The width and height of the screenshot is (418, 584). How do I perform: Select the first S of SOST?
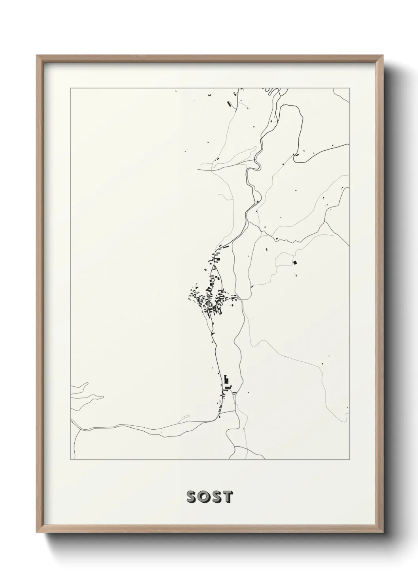tap(191, 497)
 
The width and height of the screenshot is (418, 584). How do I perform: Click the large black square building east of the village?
tap(294, 262)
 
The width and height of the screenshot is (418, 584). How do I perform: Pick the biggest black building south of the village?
tap(226, 380)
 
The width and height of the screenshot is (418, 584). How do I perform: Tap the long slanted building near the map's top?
tap(228, 104)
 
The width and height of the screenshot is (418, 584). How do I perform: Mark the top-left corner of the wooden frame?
tap(37, 56)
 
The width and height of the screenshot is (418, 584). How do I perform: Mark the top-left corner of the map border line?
tap(70, 88)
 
